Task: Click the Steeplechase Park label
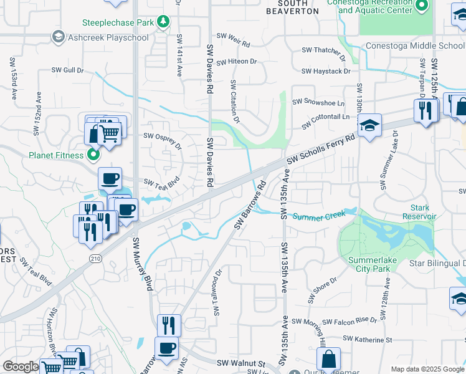click(118, 22)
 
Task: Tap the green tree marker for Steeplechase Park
click(163, 22)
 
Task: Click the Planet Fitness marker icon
click(93, 154)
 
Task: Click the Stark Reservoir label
click(424, 212)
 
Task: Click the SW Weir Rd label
click(232, 44)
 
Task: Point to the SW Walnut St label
click(241, 362)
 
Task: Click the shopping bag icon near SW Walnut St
click(328, 359)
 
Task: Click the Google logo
click(21, 367)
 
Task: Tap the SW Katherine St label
click(364, 340)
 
